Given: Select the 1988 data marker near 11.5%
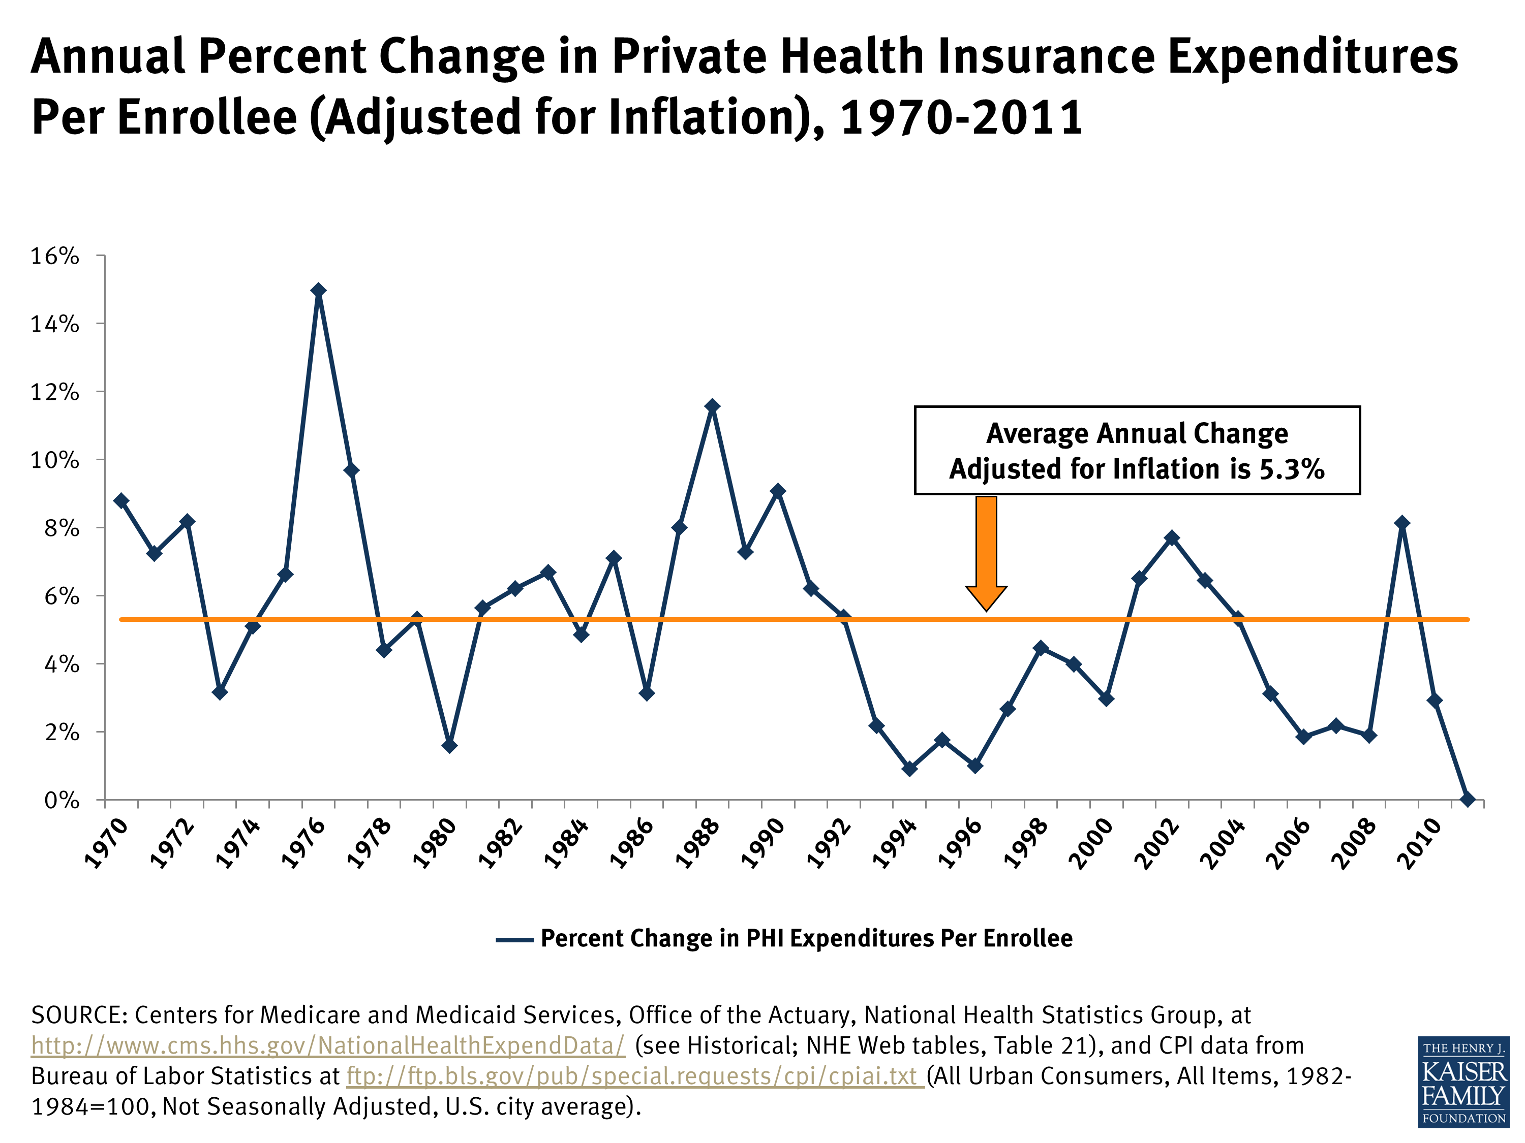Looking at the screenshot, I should (712, 406).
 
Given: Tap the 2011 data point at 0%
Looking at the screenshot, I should (1468, 799).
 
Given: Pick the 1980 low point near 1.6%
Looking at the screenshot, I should (449, 745).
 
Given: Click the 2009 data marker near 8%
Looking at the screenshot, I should (1401, 523).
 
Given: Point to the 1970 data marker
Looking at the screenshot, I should (121, 500).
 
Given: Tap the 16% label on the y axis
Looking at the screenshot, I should (54, 257).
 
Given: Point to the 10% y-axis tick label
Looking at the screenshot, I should (54, 460).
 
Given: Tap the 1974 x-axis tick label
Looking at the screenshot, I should (238, 841).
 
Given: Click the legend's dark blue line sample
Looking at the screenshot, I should (514, 940).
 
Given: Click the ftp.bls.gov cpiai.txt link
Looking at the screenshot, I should (634, 1076).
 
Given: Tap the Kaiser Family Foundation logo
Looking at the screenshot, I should (1462, 1081).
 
